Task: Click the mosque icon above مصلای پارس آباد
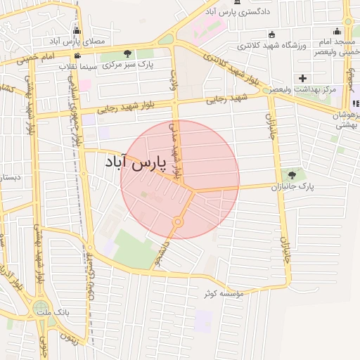click(77, 31)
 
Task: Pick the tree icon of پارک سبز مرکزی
click(127, 53)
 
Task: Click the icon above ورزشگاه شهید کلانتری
click(273, 34)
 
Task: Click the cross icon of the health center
click(302, 77)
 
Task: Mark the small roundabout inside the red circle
click(178, 222)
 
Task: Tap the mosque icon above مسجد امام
click(337, 31)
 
